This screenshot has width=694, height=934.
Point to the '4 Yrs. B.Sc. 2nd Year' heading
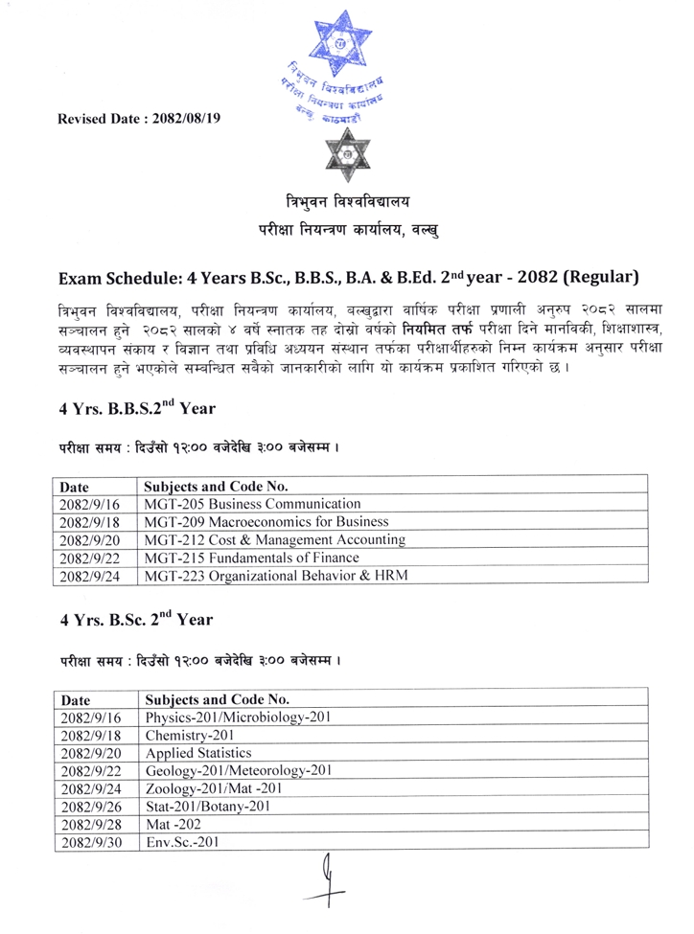pos(128,618)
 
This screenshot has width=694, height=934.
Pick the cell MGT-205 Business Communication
pos(252,504)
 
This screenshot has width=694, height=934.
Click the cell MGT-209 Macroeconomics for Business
pos(266,523)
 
